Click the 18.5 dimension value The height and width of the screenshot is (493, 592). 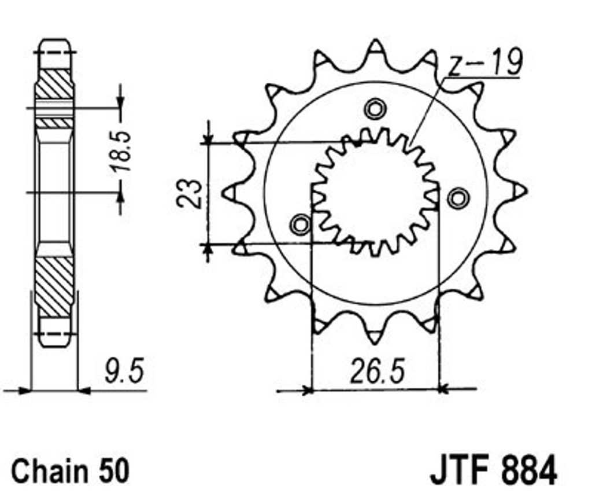pos(121,150)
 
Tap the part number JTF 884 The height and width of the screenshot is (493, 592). pos(493,470)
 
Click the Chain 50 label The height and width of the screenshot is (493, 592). pos(71,470)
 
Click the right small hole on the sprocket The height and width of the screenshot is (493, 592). pos(458,198)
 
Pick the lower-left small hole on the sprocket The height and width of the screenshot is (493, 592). pos(301,225)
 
